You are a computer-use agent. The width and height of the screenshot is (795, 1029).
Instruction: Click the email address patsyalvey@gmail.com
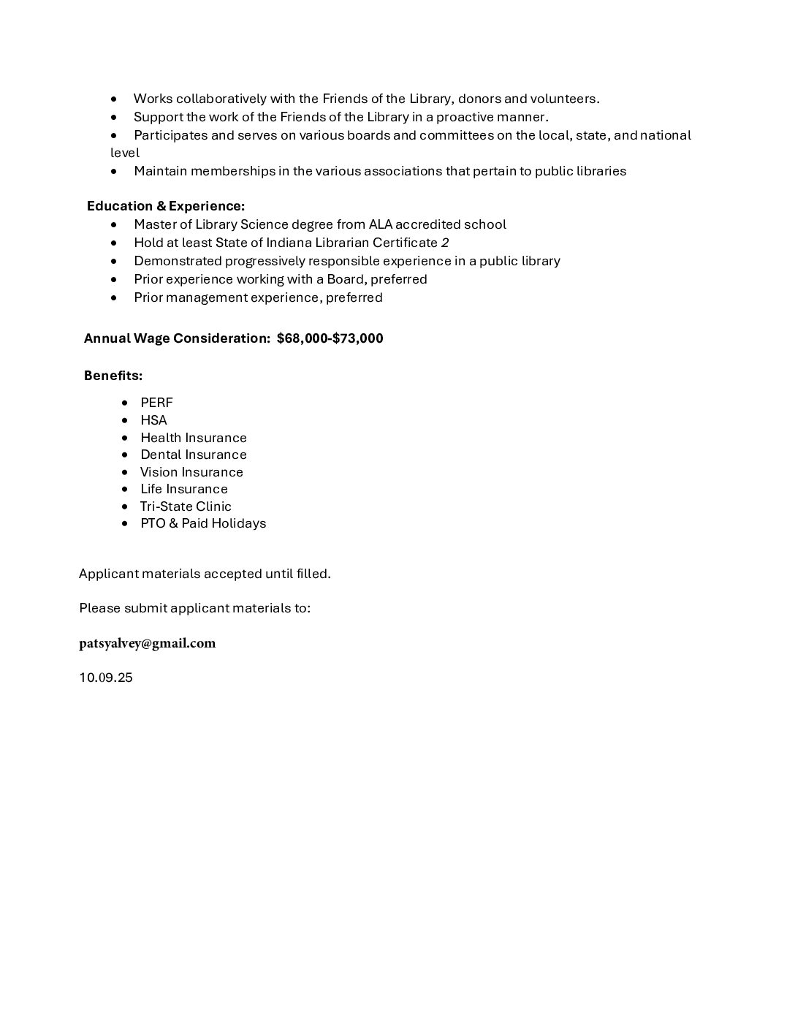point(147,643)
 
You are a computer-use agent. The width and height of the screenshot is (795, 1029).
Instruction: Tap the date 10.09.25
point(106,677)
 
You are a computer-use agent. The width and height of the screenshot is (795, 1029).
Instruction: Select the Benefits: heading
point(113,376)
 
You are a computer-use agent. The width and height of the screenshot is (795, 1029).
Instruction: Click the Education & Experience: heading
point(166,206)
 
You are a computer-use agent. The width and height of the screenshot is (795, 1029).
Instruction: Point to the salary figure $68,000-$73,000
point(330,338)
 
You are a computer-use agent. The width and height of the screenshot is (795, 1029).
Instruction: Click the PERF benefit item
point(156,403)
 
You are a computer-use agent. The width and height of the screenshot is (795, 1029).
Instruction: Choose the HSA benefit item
point(153,420)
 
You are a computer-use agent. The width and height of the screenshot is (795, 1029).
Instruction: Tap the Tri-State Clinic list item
point(186,506)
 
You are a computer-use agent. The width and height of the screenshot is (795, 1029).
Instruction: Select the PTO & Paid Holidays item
point(203,523)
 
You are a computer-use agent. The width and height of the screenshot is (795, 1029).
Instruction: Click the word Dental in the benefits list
point(159,455)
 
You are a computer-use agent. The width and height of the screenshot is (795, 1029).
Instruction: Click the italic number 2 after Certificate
point(445,243)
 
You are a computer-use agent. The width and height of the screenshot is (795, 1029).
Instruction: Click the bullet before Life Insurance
point(124,489)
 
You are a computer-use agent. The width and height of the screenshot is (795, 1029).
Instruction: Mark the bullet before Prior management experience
point(114,298)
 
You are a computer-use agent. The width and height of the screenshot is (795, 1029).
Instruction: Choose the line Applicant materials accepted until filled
point(205,574)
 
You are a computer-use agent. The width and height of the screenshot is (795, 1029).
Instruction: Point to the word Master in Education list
point(155,224)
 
